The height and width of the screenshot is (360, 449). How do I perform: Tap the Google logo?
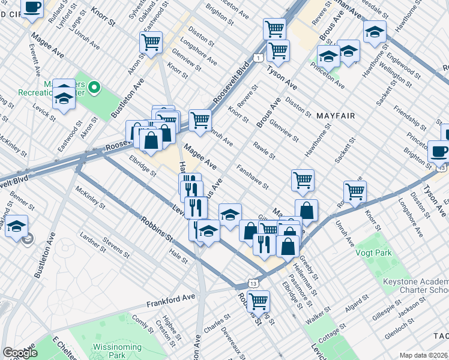[20, 353]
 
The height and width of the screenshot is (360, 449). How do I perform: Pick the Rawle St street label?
[264, 151]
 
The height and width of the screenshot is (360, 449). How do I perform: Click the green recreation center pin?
[94, 89]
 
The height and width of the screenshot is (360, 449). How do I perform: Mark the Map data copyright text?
[424, 355]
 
